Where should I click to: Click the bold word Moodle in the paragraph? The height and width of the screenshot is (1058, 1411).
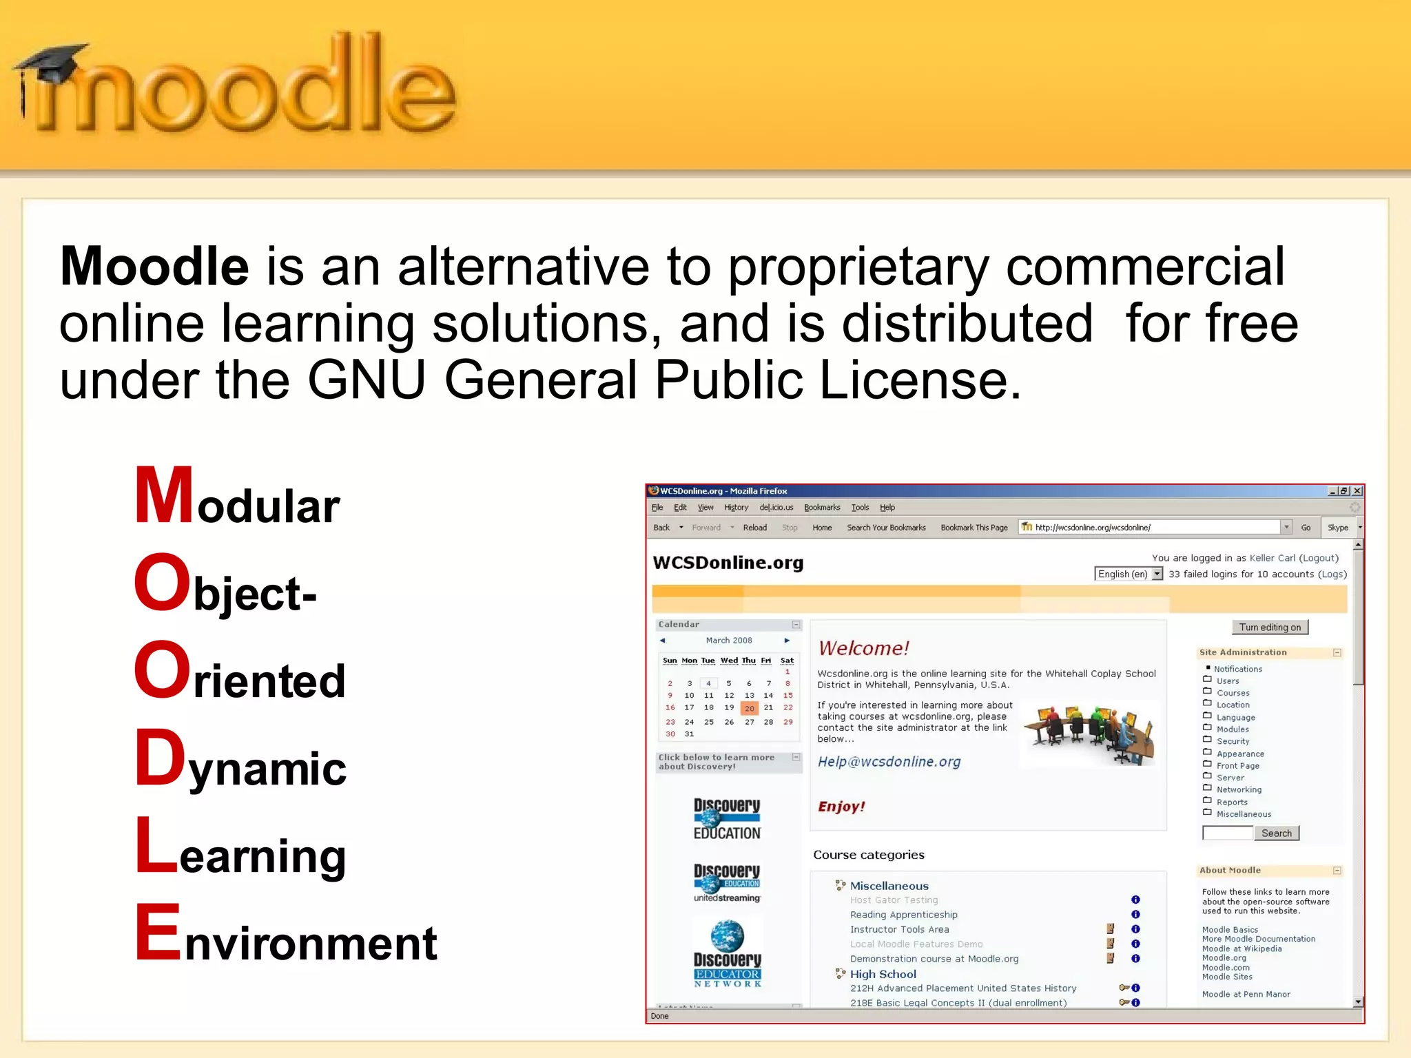(154, 267)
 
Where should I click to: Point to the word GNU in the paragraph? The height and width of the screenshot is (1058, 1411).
(366, 380)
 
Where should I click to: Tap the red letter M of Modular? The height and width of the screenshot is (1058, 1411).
(163, 496)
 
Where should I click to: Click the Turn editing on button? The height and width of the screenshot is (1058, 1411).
(1270, 627)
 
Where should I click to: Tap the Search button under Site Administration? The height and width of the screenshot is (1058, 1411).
(1276, 833)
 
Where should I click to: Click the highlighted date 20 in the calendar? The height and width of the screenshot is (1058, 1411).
(750, 708)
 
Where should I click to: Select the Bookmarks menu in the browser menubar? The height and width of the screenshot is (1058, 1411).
(822, 508)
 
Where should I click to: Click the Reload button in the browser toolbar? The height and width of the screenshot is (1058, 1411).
(754, 528)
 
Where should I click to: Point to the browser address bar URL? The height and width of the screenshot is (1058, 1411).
(1093, 528)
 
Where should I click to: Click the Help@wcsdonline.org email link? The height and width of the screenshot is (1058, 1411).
(889, 762)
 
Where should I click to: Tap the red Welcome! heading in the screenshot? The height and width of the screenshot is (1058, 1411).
(863, 648)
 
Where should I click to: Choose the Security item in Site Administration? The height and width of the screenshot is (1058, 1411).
(1233, 742)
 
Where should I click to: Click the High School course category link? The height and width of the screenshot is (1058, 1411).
(883, 974)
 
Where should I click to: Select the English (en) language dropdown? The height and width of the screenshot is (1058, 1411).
(1128, 574)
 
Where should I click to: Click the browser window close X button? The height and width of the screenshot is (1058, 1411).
(1357, 491)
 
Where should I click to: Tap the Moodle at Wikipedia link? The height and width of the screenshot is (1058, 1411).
(1242, 948)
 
